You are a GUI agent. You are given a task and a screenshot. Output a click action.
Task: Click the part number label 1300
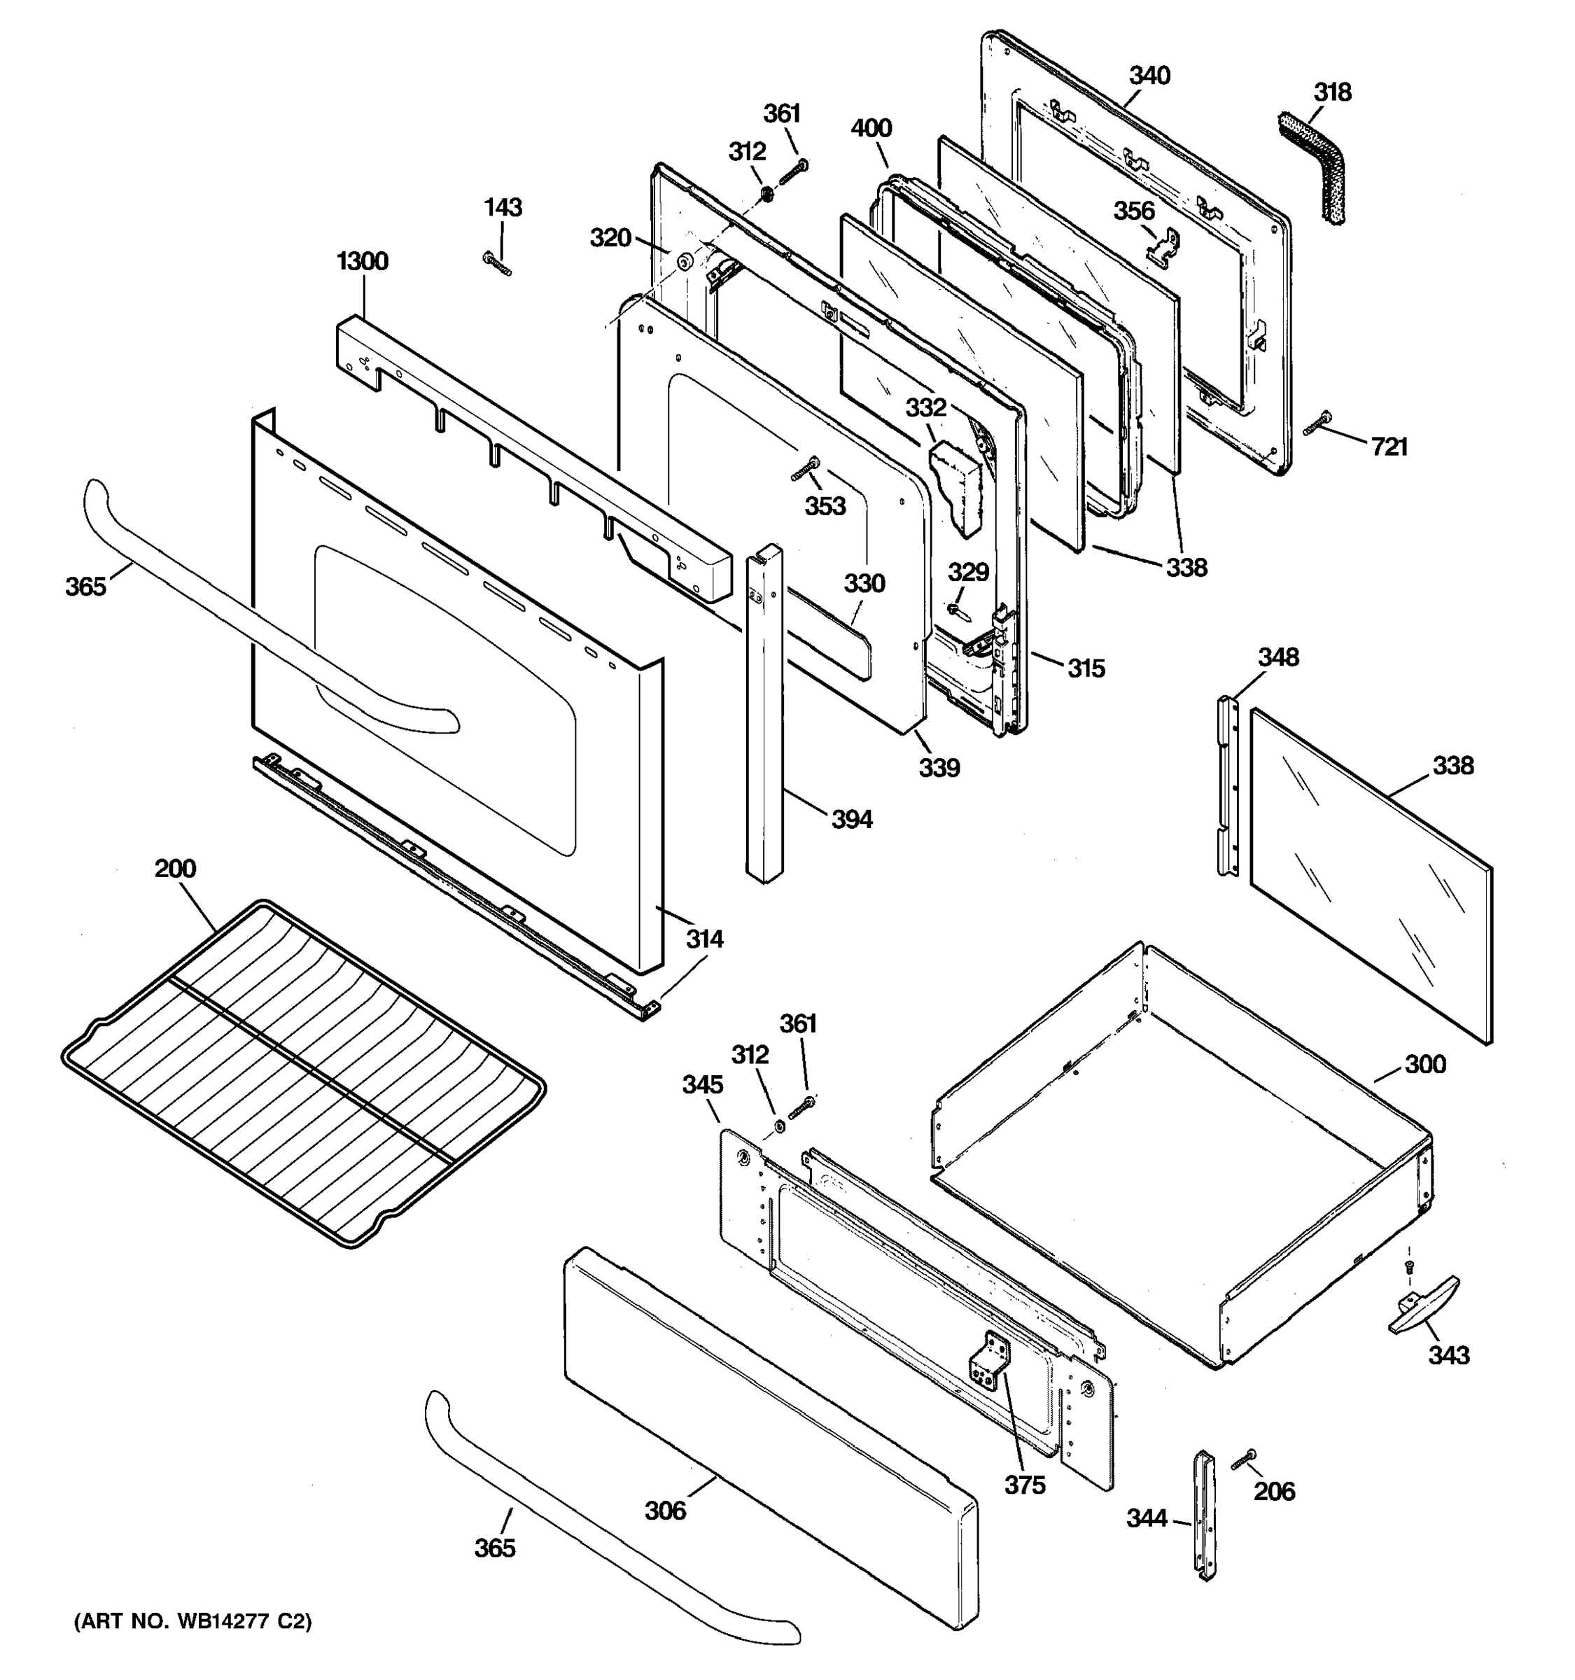(363, 261)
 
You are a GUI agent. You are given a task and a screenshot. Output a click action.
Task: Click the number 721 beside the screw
(1389, 447)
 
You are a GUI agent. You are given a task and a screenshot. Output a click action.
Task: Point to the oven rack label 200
(175, 868)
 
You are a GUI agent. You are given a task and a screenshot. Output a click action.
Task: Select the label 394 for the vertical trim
(851, 819)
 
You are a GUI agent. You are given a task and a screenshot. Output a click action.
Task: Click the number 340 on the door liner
(1149, 76)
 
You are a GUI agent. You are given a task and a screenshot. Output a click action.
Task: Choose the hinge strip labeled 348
(1227, 786)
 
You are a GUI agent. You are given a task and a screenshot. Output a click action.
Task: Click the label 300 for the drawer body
(1424, 1064)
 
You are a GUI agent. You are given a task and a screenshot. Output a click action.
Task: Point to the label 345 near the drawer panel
(702, 1084)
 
